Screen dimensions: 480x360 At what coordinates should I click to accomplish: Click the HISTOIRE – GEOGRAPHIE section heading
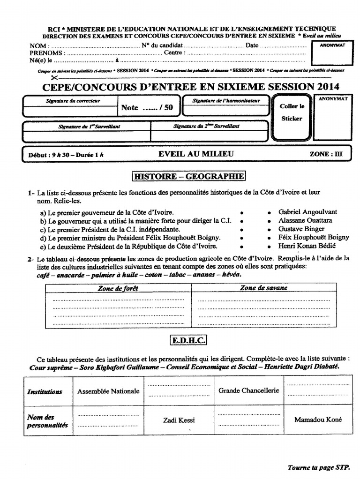(189, 176)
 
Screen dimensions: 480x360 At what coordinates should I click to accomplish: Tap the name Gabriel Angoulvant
(307, 212)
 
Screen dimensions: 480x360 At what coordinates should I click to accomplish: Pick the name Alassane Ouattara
(305, 220)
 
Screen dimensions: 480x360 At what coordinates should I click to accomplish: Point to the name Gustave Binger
(301, 229)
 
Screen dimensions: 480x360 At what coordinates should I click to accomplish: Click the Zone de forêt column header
(118, 288)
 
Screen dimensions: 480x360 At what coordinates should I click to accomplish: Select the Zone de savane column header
(264, 288)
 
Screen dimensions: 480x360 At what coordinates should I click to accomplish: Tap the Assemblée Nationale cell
(108, 391)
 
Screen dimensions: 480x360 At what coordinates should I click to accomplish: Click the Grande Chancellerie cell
(248, 390)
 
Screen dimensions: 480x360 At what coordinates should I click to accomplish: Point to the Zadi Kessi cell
(179, 420)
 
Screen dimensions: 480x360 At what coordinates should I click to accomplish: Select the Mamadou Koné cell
(318, 420)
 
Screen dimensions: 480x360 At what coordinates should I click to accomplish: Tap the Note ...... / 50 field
(147, 107)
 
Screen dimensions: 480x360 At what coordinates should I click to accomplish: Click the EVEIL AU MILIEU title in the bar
(196, 154)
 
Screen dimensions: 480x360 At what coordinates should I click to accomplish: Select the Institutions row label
(45, 391)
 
